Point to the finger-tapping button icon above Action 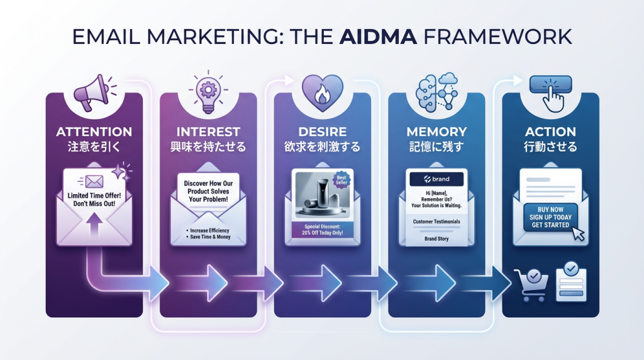click(x=551, y=93)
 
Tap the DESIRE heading click(x=323, y=132)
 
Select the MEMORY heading click(x=436, y=132)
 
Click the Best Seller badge click(x=342, y=181)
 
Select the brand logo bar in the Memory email click(x=436, y=179)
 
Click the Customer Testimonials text click(x=436, y=222)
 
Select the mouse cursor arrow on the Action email click(x=577, y=233)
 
